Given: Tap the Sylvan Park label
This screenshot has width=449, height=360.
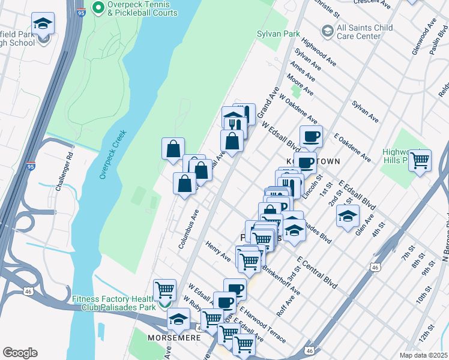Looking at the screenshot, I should point(278,34).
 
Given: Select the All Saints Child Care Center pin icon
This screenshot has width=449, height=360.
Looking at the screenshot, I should point(328,30).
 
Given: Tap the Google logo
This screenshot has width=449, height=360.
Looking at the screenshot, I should point(20,353).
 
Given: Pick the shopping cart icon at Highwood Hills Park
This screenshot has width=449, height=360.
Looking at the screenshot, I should point(420,160).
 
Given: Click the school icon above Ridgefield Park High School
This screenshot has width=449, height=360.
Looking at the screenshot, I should point(43,23).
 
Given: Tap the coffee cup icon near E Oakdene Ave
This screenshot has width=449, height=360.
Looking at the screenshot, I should point(311,137).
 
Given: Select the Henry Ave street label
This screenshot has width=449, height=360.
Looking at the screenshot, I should point(218,251).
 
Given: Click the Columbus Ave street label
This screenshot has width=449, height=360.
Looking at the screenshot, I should point(188,229).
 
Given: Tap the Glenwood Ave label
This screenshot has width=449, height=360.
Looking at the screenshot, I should point(424,36).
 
